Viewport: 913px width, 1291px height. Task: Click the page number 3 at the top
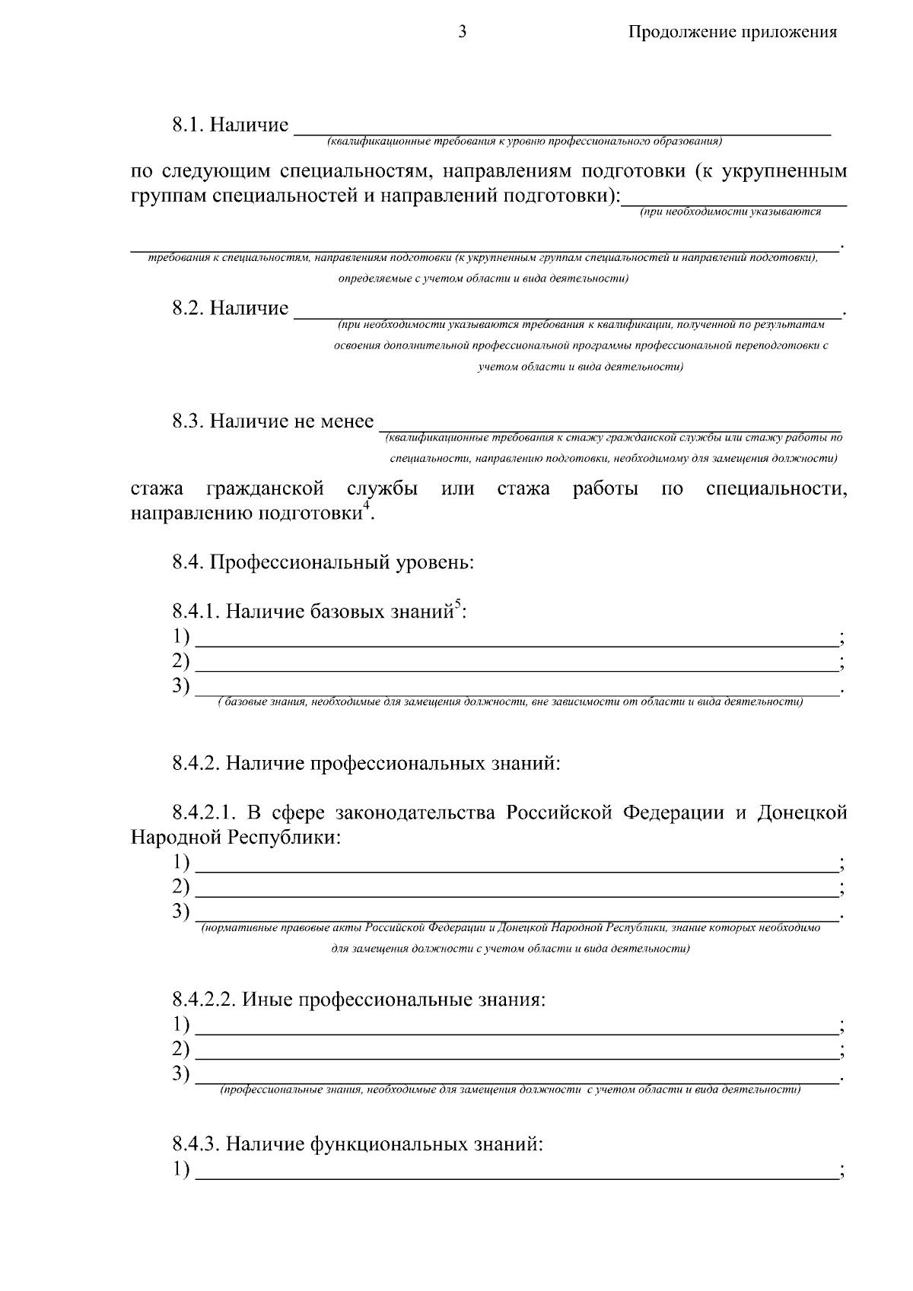click(462, 31)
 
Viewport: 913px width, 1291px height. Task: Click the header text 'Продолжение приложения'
click(732, 32)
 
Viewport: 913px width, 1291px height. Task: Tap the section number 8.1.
click(188, 125)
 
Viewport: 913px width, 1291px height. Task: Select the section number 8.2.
click(188, 308)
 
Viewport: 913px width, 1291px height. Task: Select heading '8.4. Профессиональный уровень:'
click(323, 563)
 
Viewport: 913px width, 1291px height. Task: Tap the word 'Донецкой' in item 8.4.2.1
click(802, 812)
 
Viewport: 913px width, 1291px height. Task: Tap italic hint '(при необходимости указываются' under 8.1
click(730, 212)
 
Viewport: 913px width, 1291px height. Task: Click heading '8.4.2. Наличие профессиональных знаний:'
click(366, 762)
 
